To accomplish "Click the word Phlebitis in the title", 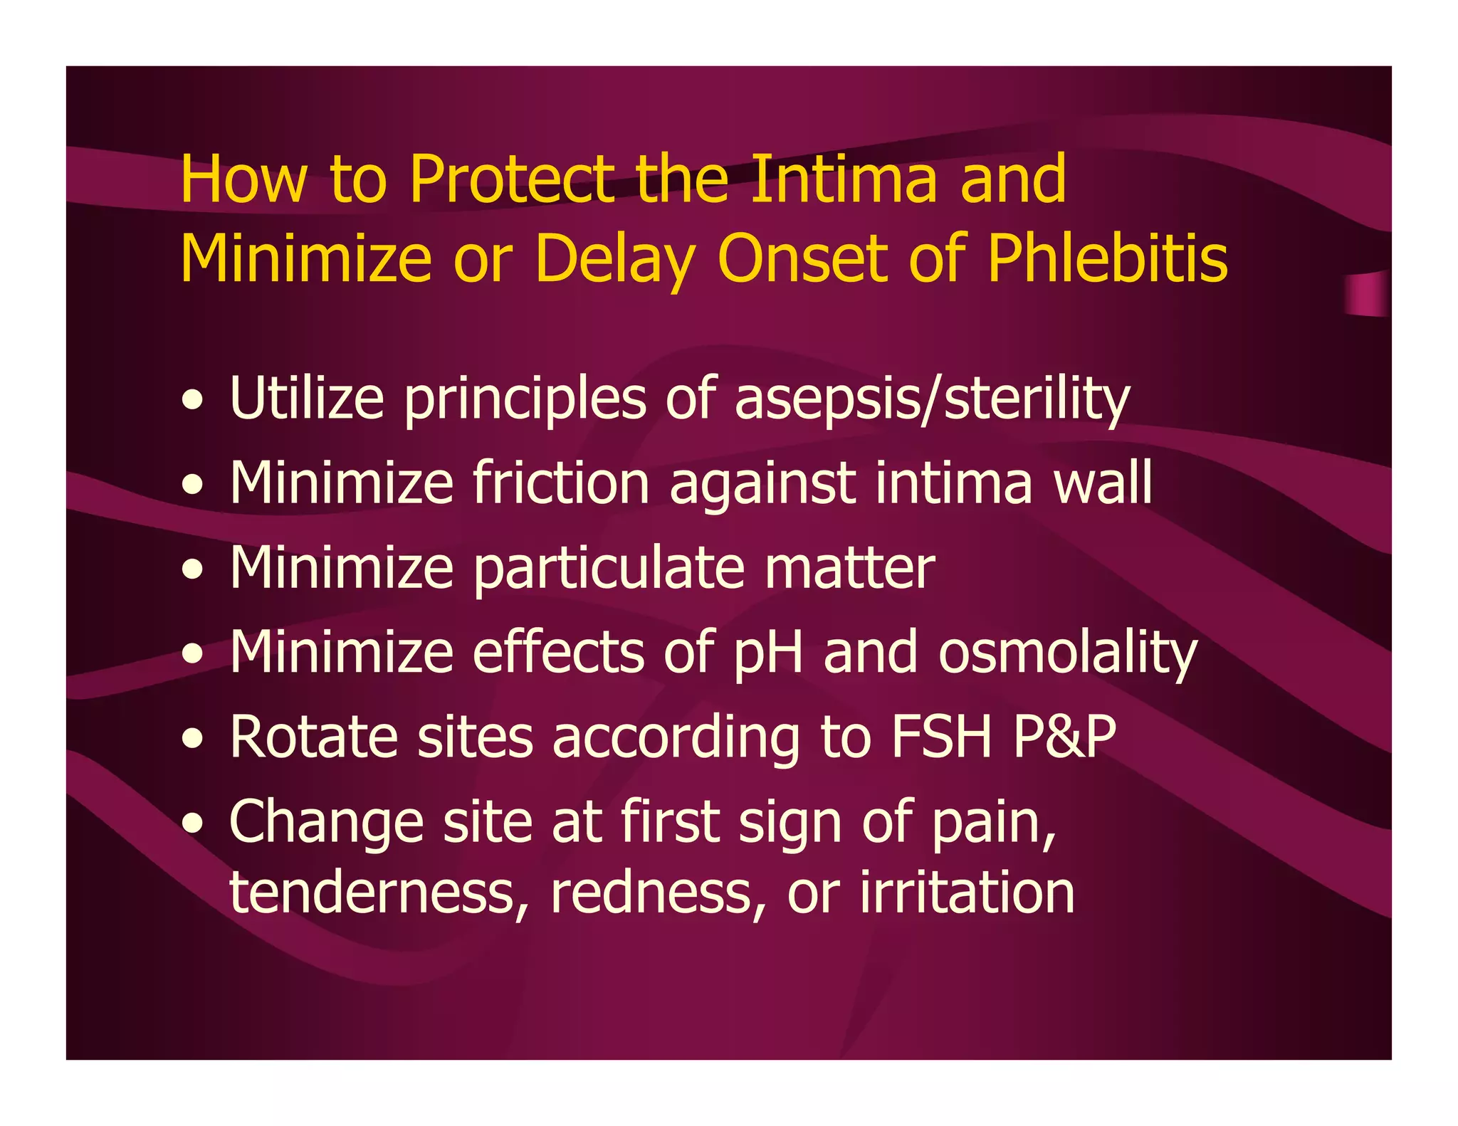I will pyautogui.click(x=1107, y=258).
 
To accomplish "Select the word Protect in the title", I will pyautogui.click(x=511, y=179).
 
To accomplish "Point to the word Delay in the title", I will pyautogui.click(x=614, y=260).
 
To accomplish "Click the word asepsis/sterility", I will pyautogui.click(x=931, y=399).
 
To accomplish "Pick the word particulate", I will pyautogui.click(x=609, y=569).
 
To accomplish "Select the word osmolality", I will pyautogui.click(x=1067, y=653).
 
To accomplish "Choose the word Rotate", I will pyautogui.click(x=313, y=737).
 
